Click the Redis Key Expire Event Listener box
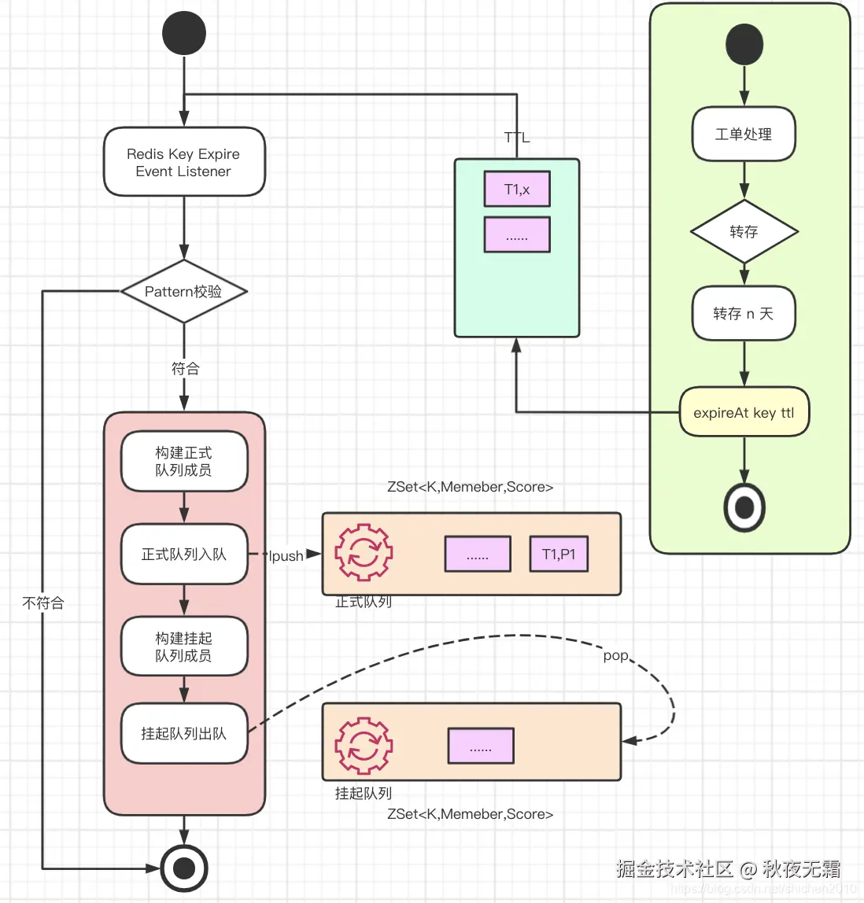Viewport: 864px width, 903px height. point(184,162)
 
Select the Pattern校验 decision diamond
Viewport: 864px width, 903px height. point(184,291)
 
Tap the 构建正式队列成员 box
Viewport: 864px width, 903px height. point(184,461)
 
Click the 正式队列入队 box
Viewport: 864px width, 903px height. point(184,555)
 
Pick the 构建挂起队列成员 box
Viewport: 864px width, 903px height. point(184,647)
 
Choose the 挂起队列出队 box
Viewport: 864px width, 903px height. point(184,733)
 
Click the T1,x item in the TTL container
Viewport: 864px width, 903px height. point(517,190)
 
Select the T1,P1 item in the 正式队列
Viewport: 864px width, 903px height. point(559,555)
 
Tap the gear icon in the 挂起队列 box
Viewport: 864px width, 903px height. point(364,745)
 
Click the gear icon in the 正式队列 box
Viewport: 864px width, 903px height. point(364,553)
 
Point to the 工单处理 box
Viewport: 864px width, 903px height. point(744,135)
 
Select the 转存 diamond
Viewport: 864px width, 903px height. point(744,231)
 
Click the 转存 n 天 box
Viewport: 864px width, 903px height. point(744,314)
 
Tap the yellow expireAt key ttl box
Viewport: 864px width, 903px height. point(744,412)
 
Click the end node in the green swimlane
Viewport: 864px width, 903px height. point(744,507)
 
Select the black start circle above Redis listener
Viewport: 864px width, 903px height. point(184,33)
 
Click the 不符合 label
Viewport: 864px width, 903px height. point(43,603)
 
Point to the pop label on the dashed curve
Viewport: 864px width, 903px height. point(615,655)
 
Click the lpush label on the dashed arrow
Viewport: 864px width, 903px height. point(286,556)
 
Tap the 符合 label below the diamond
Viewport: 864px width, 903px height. point(186,368)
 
